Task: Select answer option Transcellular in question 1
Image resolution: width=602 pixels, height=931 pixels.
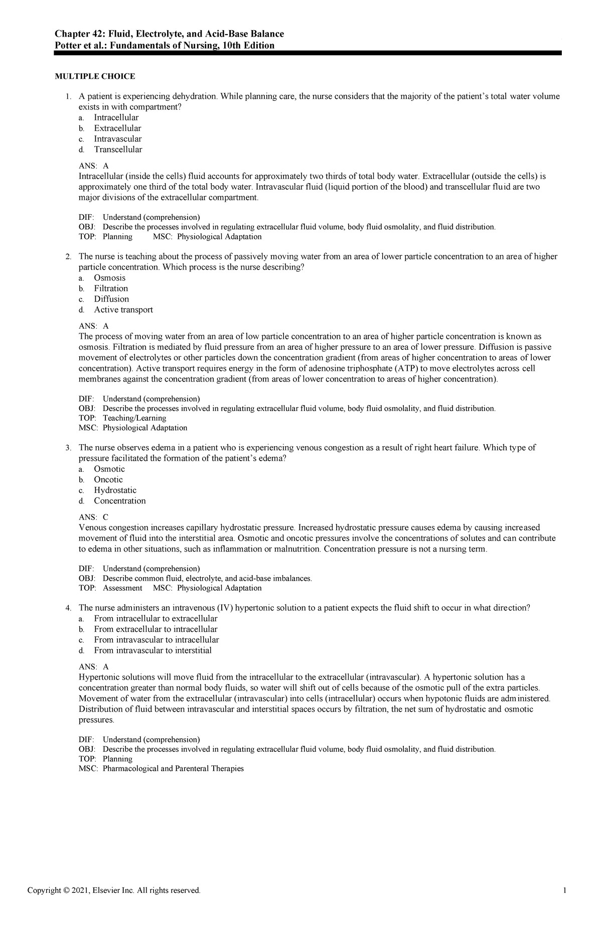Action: point(118,150)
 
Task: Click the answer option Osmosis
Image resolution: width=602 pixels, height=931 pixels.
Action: point(109,278)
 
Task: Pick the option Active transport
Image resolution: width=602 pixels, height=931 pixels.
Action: point(123,310)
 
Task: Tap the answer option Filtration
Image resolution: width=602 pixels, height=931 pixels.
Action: point(111,289)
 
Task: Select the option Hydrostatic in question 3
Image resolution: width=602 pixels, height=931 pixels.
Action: point(115,490)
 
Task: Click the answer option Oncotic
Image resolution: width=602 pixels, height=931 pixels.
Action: point(108,480)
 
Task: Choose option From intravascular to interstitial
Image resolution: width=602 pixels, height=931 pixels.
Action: point(153,650)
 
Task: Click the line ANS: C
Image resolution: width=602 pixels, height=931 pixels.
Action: point(94,517)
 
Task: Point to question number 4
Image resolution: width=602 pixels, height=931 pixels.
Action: point(68,608)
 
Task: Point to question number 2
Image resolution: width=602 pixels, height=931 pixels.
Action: point(68,257)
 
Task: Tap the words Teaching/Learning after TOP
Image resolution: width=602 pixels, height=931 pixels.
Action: point(134,418)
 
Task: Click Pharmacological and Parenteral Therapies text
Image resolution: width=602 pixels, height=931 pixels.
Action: point(173,769)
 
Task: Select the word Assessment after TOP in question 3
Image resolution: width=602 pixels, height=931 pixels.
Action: point(122,588)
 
